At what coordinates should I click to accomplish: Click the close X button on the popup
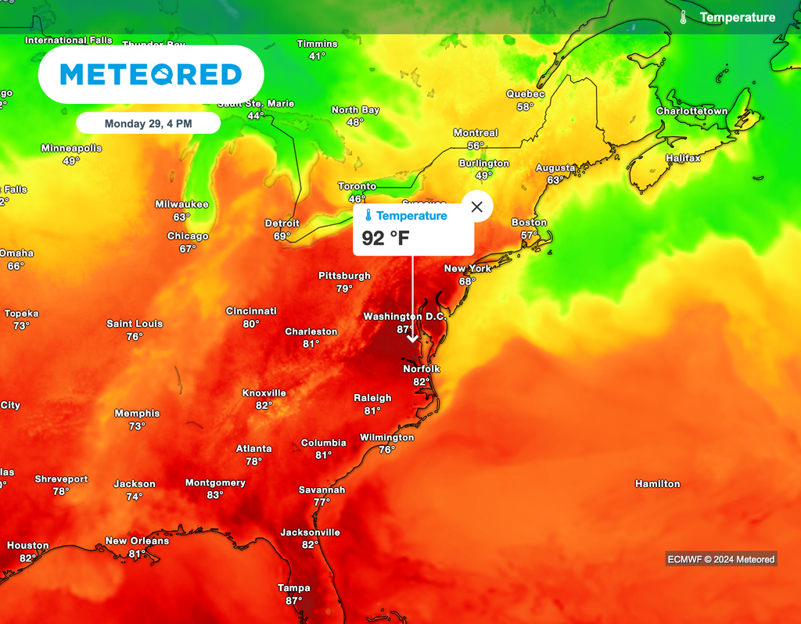[477, 207]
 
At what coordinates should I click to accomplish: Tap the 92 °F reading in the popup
[386, 238]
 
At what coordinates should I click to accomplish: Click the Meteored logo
[151, 74]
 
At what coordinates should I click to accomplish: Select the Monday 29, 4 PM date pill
[149, 124]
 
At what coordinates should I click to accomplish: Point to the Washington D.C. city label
[404, 317]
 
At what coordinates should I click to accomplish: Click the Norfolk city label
[422, 369]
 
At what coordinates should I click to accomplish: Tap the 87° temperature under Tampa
[294, 601]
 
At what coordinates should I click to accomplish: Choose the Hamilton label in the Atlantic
[657, 484]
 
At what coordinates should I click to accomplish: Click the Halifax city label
[683, 158]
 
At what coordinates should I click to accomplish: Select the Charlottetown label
[691, 111]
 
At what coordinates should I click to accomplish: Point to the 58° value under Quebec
[525, 106]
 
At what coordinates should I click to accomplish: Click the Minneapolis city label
[71, 149]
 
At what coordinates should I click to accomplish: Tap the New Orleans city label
[137, 541]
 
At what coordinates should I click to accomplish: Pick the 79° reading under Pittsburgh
[344, 289]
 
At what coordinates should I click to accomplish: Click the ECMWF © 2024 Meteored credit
[720, 559]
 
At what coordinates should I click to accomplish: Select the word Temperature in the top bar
[737, 17]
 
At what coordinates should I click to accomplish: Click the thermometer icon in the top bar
[683, 17]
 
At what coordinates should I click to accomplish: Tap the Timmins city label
[317, 44]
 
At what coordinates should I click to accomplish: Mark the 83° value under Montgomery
[215, 495]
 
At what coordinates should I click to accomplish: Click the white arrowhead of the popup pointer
[413, 338]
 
